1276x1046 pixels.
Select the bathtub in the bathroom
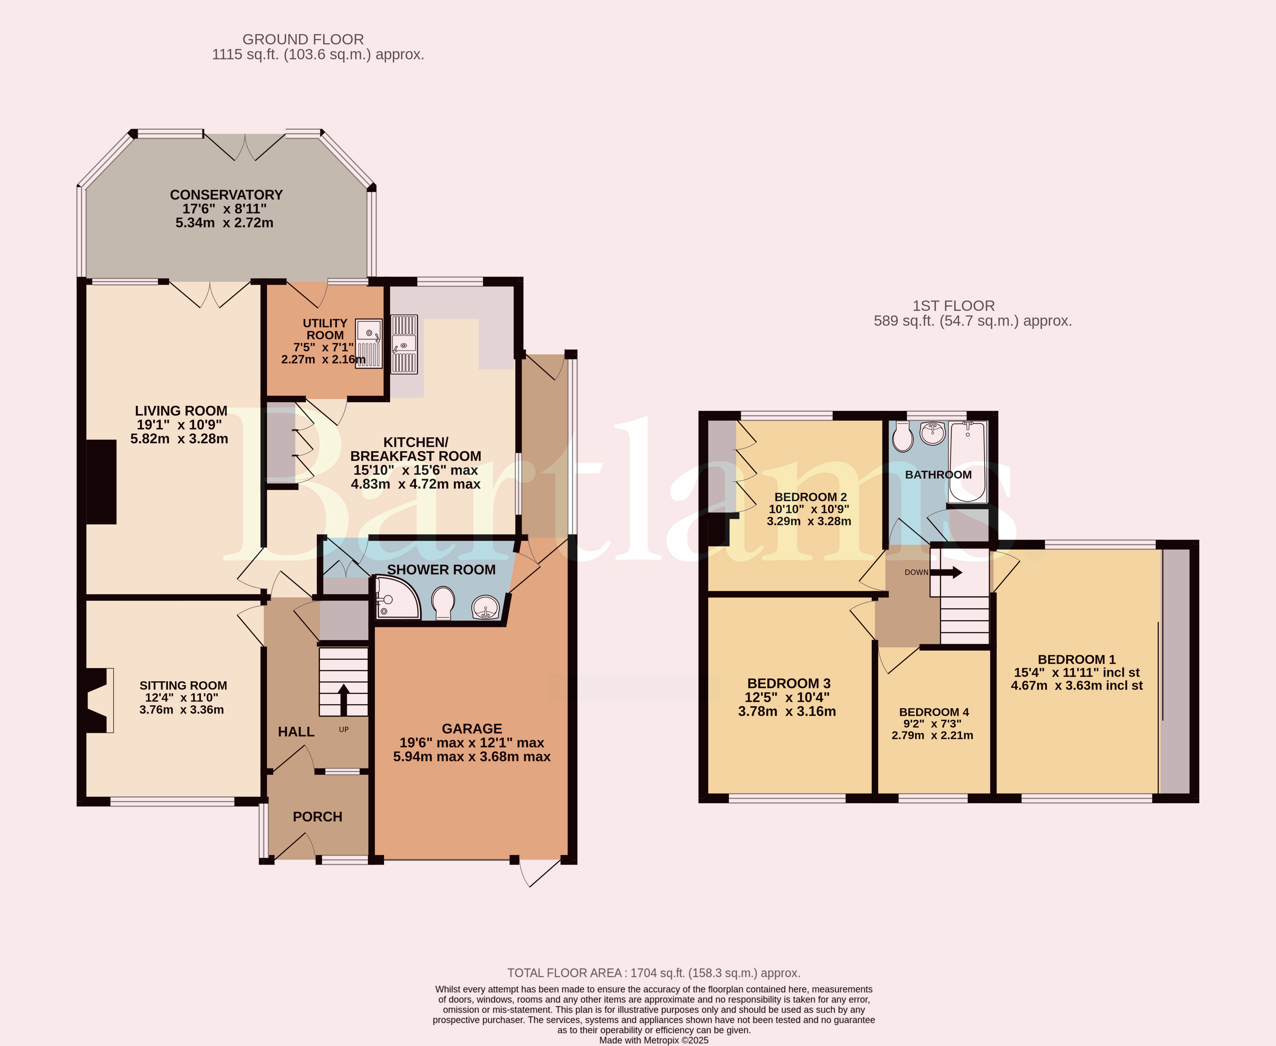[968, 462]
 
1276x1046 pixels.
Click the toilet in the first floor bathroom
[903, 436]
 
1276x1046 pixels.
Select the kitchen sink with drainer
[404, 345]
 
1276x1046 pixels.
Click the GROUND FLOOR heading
[303, 39]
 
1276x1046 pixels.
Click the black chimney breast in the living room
[101, 482]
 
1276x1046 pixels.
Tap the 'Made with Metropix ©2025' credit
[654, 1040]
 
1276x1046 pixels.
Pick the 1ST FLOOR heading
[953, 306]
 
